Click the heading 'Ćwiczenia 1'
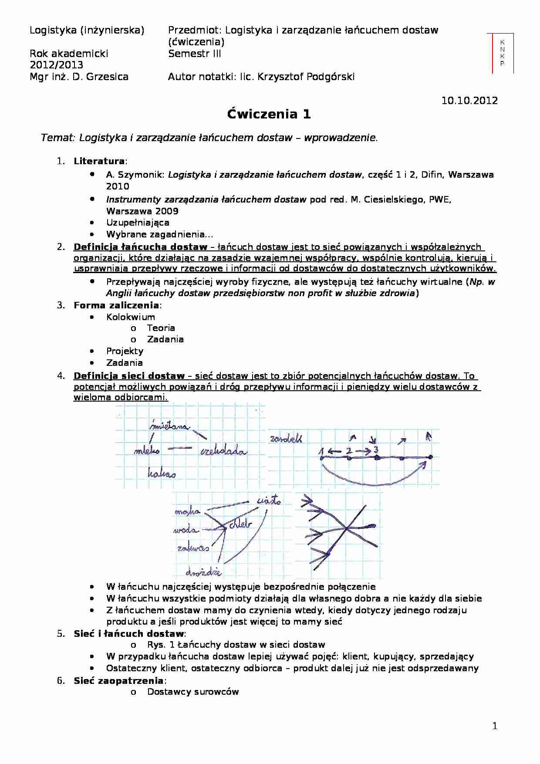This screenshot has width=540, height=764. [269, 115]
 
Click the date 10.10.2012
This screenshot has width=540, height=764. [469, 101]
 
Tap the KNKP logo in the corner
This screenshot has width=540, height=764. [502, 53]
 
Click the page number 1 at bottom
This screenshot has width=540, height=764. [494, 726]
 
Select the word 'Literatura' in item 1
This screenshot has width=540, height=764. [99, 161]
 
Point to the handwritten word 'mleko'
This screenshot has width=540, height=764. [147, 451]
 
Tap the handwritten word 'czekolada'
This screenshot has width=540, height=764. [223, 452]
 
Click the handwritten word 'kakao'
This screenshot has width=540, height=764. [162, 473]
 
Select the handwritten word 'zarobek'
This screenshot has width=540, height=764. [286, 439]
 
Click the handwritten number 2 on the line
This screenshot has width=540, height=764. [348, 451]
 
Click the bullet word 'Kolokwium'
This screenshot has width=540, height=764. [130, 317]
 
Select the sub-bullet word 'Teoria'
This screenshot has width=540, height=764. [161, 328]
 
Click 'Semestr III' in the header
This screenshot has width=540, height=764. [194, 54]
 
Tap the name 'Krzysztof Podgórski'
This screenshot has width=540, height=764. [306, 77]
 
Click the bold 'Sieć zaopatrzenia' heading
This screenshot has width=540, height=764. [118, 680]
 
